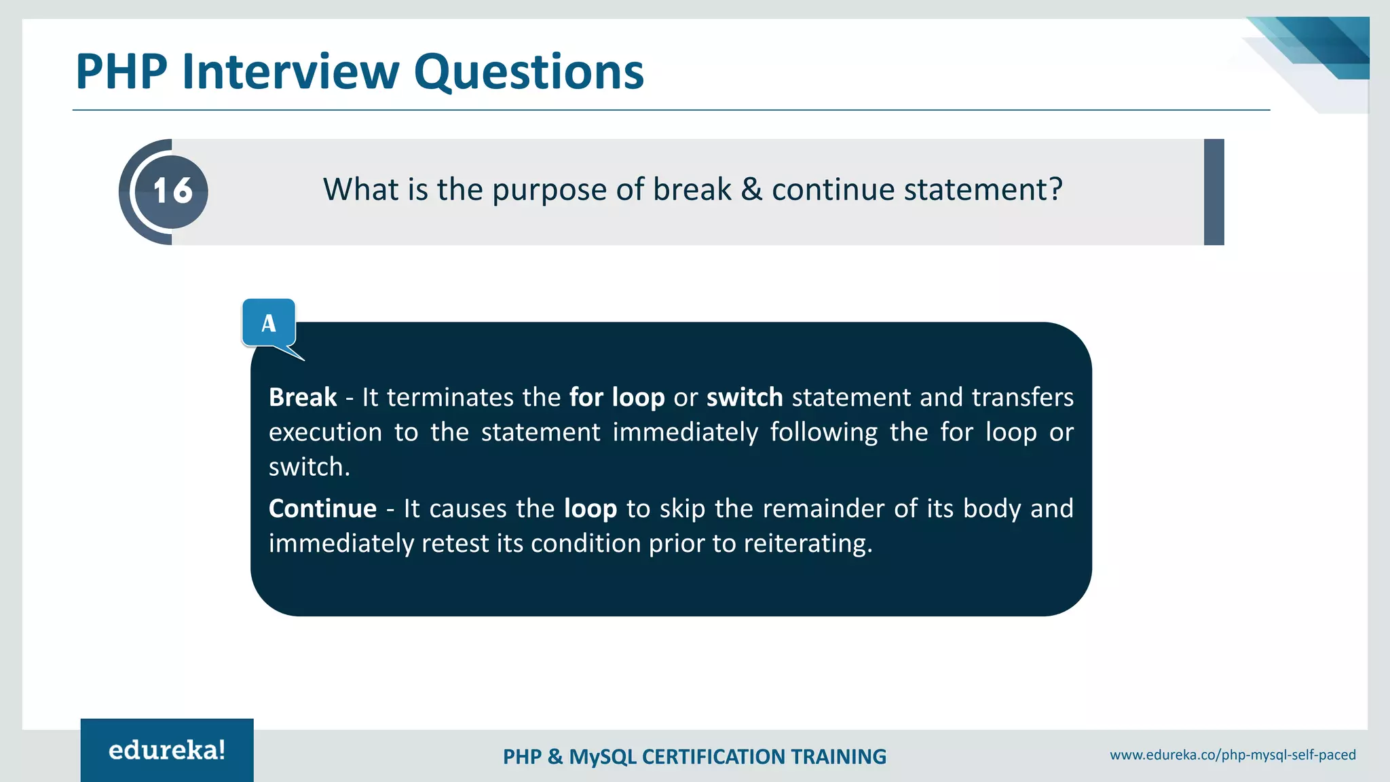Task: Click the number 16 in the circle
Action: [172, 191]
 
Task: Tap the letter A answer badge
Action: [269, 323]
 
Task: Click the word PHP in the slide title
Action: [121, 72]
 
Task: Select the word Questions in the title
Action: [529, 72]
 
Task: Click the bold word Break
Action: [303, 397]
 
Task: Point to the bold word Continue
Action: [322, 508]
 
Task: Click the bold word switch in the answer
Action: [745, 397]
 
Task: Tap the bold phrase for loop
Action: [617, 397]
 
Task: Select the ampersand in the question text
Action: [751, 189]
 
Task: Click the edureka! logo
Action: [167, 750]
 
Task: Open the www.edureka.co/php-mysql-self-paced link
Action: [1233, 755]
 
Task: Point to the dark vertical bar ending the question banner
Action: [1214, 192]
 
